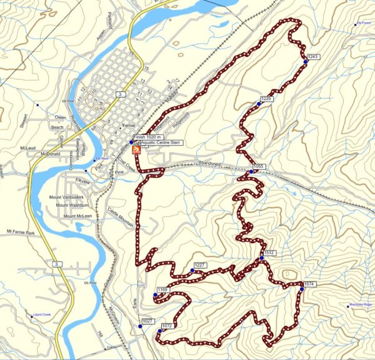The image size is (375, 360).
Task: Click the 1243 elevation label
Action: (314, 57)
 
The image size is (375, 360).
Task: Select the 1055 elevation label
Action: (259, 167)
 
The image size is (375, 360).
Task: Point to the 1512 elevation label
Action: (269, 253)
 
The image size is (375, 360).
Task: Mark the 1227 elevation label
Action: (200, 266)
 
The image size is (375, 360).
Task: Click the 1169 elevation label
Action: (162, 290)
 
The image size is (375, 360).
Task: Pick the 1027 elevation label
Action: (147, 321)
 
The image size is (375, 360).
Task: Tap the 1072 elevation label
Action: (166, 326)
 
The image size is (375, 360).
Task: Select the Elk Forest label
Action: (364, 24)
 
